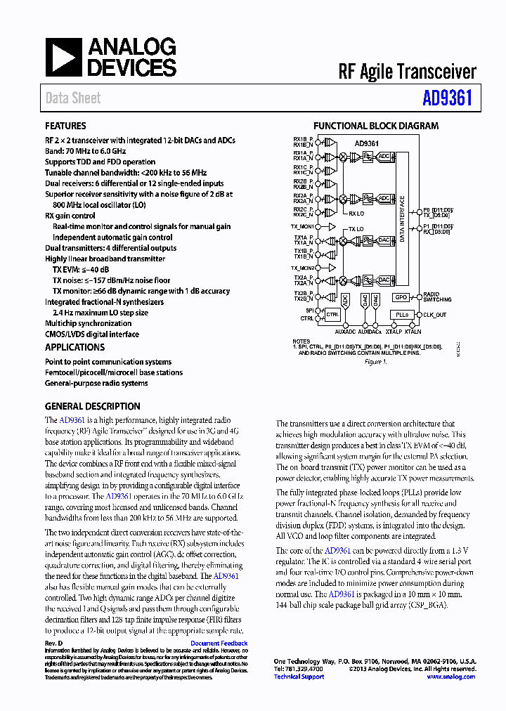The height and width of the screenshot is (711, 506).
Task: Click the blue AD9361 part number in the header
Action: coord(447,98)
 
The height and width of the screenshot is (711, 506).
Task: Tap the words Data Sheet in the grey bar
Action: coord(73,98)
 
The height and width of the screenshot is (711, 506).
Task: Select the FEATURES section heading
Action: coord(65,126)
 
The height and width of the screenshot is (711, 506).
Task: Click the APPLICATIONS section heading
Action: coord(74,348)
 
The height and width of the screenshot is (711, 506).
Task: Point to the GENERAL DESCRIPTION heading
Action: coord(92,407)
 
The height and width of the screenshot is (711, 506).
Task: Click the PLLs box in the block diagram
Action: coord(401,315)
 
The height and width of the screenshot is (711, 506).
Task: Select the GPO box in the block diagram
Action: coord(401,297)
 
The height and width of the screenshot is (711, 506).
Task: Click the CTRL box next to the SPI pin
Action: coord(332,315)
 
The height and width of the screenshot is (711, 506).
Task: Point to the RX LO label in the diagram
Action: coord(357,213)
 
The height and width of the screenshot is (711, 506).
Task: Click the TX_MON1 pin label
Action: coord(304,227)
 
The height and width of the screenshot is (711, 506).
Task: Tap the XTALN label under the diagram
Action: coord(413,331)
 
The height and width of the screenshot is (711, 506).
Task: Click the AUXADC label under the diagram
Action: coord(346,331)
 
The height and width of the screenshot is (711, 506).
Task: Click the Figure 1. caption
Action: coord(375,362)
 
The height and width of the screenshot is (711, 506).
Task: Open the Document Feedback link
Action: coord(219,644)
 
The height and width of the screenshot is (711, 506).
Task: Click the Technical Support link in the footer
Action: coord(299,677)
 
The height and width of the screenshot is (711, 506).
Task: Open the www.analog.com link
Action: coord(450,677)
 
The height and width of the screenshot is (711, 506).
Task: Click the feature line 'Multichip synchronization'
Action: coord(88,324)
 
